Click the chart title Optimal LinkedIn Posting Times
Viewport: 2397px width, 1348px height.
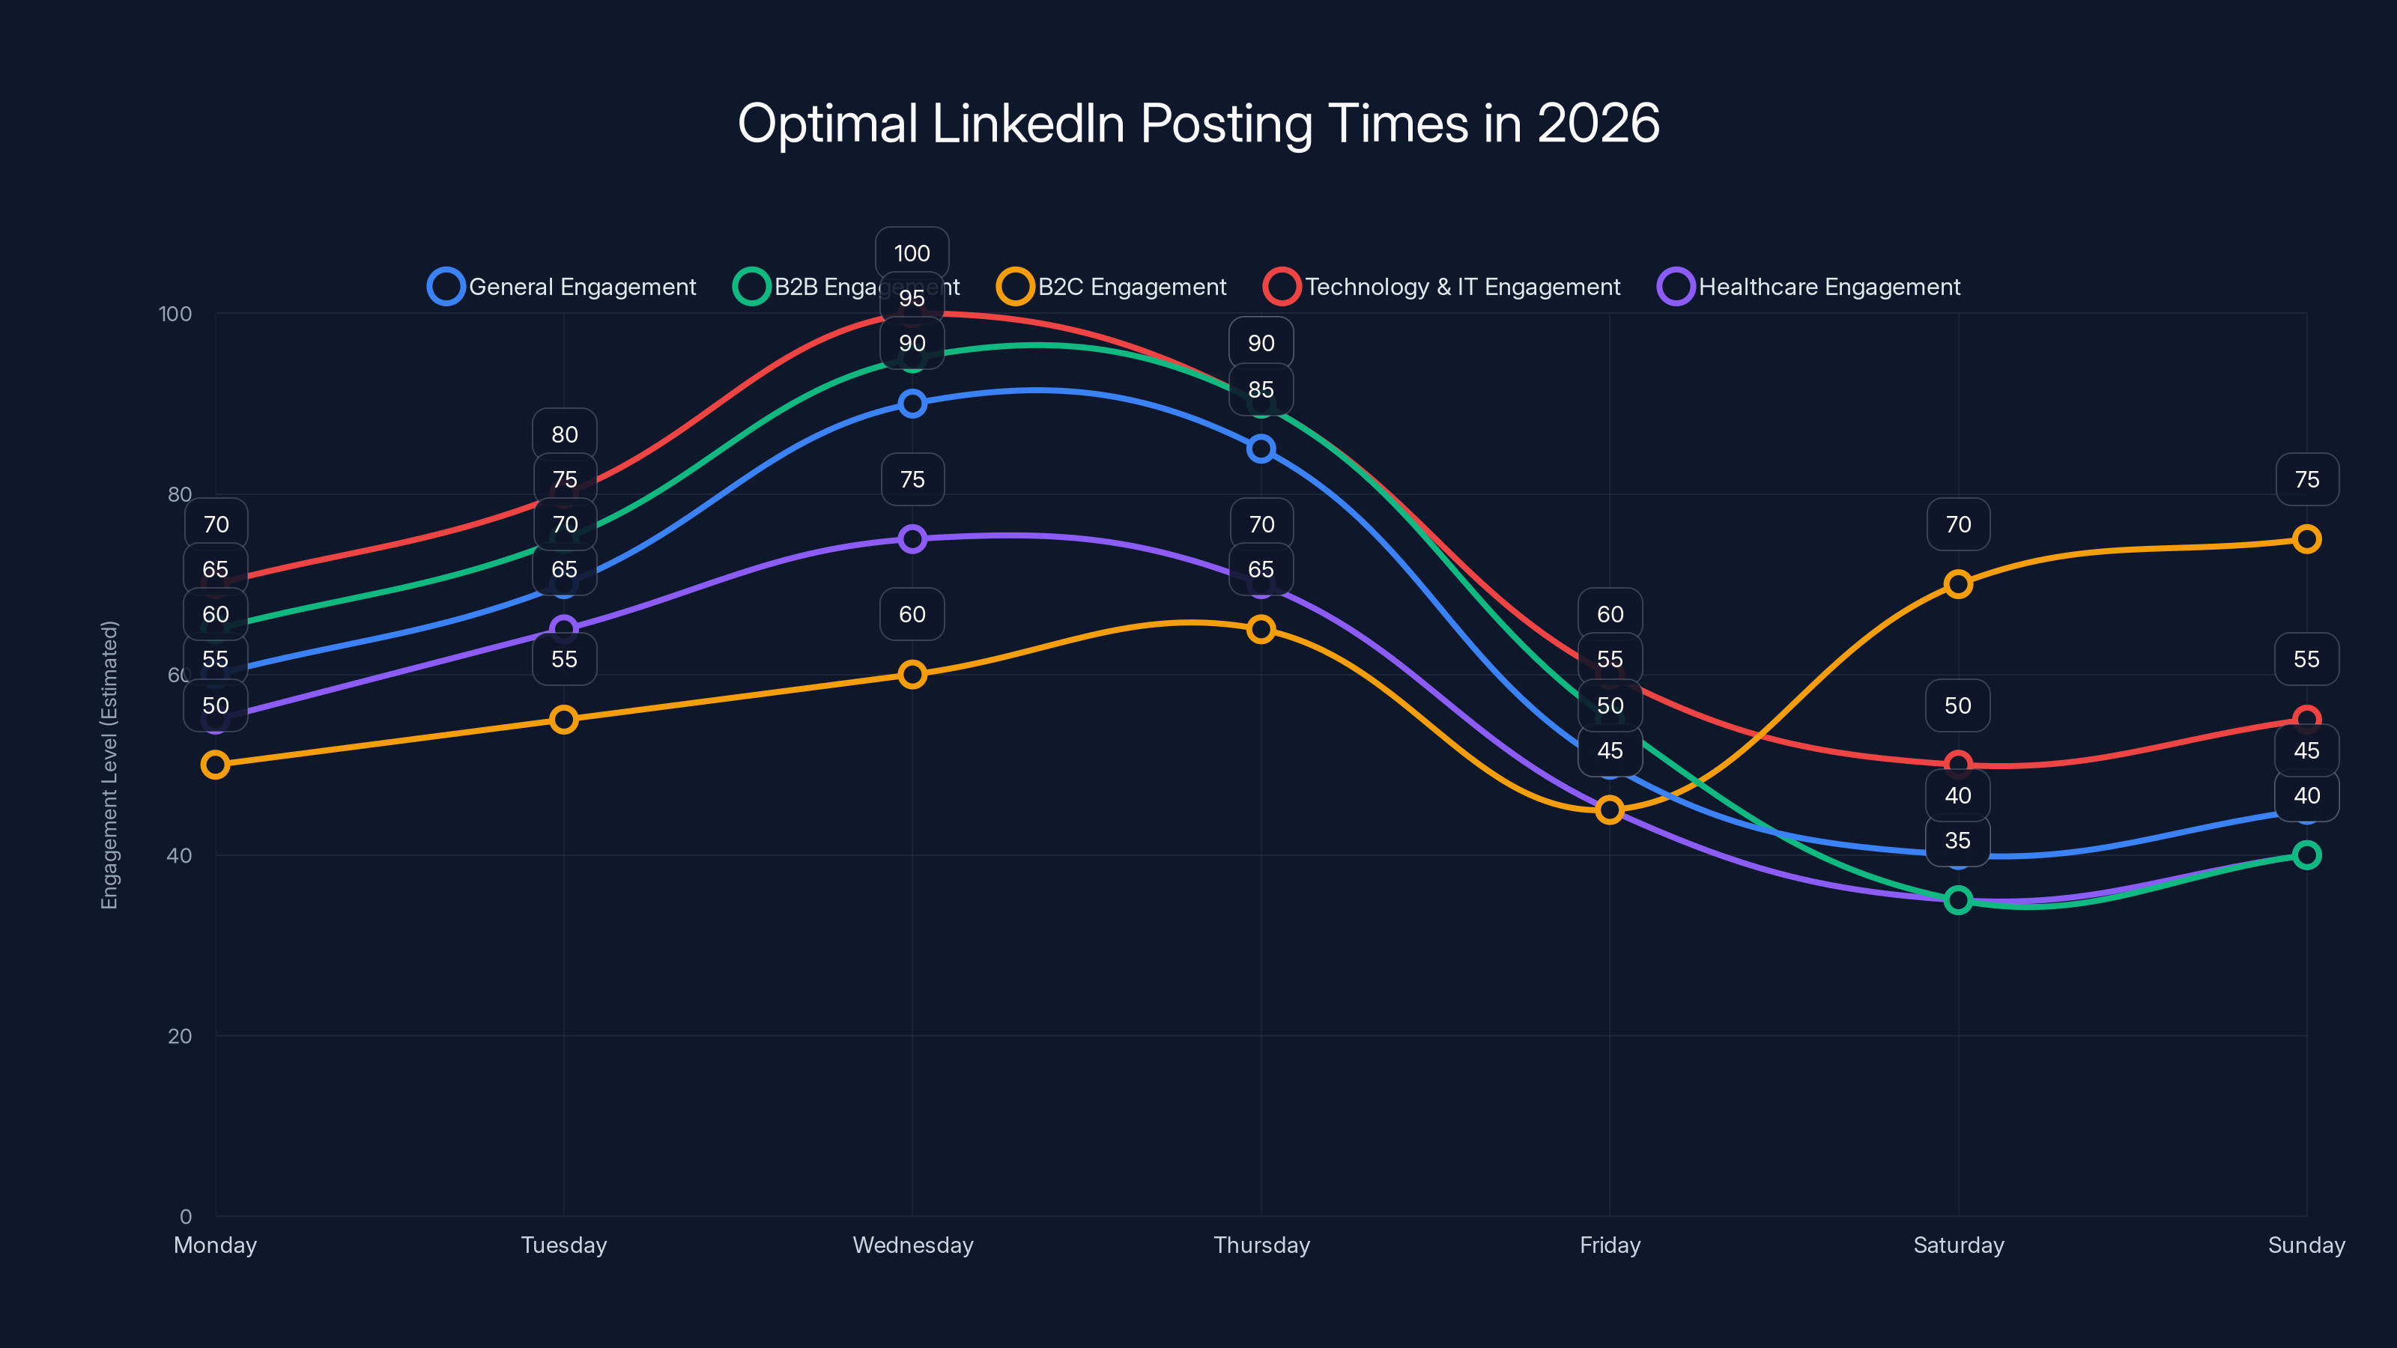[1198, 123]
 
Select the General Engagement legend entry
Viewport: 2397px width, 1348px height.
[562, 287]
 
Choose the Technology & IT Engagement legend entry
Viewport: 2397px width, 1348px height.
[1442, 287]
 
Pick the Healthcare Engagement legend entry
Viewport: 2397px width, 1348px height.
[1809, 287]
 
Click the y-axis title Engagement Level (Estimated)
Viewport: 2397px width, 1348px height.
[110, 765]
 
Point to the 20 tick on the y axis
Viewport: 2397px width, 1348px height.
[180, 1036]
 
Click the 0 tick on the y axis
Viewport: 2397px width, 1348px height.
[185, 1216]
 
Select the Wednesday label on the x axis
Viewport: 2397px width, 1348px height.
[913, 1245]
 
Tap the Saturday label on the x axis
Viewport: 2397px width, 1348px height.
[1958, 1245]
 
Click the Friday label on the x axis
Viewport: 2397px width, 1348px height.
[1610, 1245]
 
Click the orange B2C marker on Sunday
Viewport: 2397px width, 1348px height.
[2306, 538]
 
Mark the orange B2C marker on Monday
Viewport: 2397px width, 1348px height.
[215, 765]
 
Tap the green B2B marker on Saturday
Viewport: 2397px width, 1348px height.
[1958, 899]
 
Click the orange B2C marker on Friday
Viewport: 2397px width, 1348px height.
[1610, 810]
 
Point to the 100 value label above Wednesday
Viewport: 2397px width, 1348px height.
[912, 253]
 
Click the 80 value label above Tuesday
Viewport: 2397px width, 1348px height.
[564, 434]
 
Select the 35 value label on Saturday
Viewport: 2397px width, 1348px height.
[1958, 840]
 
